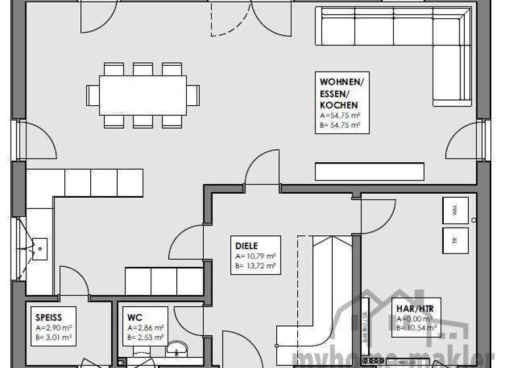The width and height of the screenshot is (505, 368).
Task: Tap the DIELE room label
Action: (x=247, y=246)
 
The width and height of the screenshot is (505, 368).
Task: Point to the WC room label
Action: (x=135, y=318)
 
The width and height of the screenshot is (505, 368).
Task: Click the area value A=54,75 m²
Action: (x=341, y=115)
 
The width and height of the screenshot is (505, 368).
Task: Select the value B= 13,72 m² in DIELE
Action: (x=255, y=266)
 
